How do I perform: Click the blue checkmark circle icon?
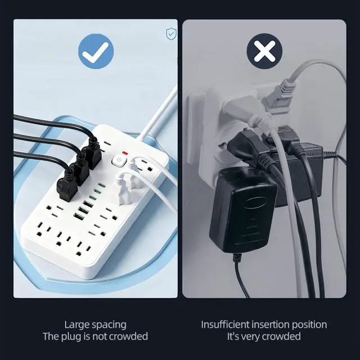pyautogui.click(x=96, y=51)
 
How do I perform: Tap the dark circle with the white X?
pyautogui.click(x=264, y=51)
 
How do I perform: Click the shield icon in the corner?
pyautogui.click(x=171, y=34)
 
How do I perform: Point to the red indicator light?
pyautogui.click(x=125, y=153)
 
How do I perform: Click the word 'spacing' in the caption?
pyautogui.click(x=109, y=325)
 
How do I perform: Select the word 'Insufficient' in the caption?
pyautogui.click(x=225, y=325)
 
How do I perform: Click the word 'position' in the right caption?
pyautogui.click(x=309, y=325)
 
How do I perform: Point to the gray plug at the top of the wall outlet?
pyautogui.click(x=278, y=96)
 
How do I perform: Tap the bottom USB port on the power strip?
pyautogui.click(x=78, y=216)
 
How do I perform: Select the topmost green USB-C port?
pyautogui.click(x=102, y=185)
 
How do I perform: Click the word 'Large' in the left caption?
pyautogui.click(x=76, y=325)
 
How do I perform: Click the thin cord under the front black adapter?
pyautogui.click(x=241, y=276)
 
